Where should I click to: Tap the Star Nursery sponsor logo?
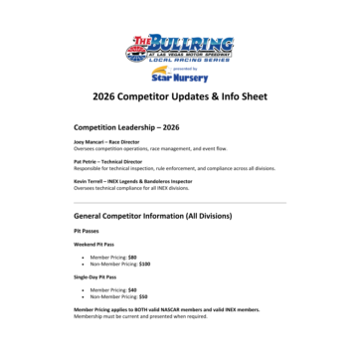[x=179, y=74]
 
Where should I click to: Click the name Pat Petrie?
[x=87, y=161]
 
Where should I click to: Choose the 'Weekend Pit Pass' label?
[x=94, y=244]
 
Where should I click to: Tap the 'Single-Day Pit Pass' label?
[x=95, y=276]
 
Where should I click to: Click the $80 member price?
[x=132, y=257]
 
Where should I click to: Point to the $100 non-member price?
[x=144, y=264]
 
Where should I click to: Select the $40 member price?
[x=132, y=289]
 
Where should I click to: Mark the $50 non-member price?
[x=143, y=296]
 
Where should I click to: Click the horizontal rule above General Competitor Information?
[x=180, y=202]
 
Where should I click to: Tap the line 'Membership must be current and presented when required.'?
[x=140, y=316]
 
